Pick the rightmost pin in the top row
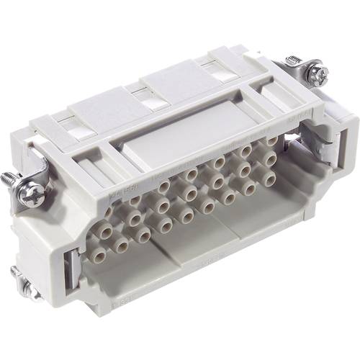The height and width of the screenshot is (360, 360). click(271, 140)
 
